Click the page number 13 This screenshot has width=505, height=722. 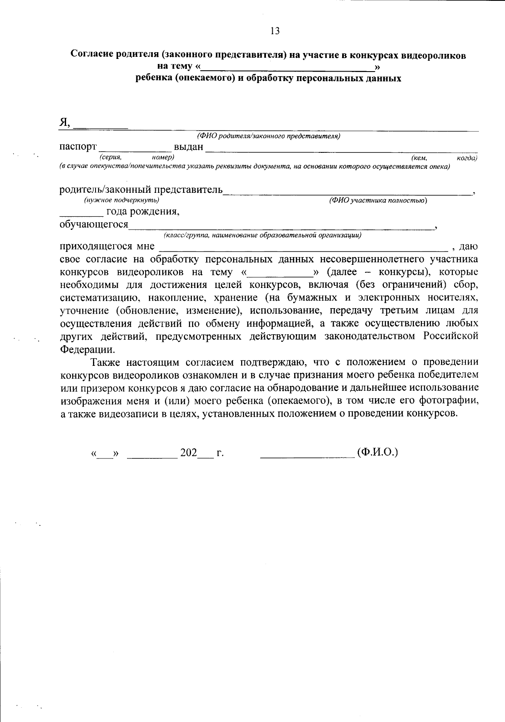click(275, 31)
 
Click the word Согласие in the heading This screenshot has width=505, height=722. click(91, 55)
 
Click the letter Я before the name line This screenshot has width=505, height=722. click(64, 123)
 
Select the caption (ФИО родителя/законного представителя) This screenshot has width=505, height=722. click(268, 136)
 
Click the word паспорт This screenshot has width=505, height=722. click(78, 147)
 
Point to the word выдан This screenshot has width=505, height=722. click(188, 147)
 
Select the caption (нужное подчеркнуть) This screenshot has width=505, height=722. click(122, 200)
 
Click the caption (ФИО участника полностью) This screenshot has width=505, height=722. click(378, 200)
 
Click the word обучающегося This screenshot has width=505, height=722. click(94, 224)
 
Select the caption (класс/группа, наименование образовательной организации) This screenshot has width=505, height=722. click(262, 235)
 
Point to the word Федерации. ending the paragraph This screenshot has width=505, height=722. click(87, 350)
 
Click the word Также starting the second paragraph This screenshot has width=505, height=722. click(105, 362)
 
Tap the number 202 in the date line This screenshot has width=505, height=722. click(189, 453)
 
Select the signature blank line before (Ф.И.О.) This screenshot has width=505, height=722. click(307, 456)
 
